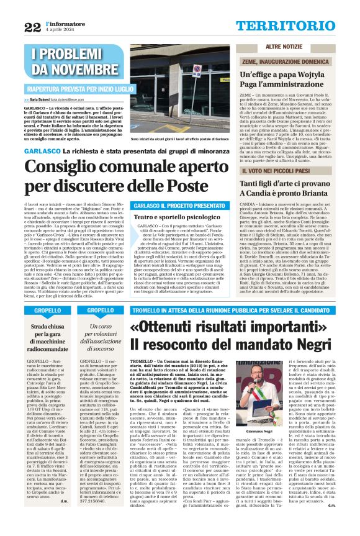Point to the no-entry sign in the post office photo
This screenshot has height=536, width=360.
pos(197,70)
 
